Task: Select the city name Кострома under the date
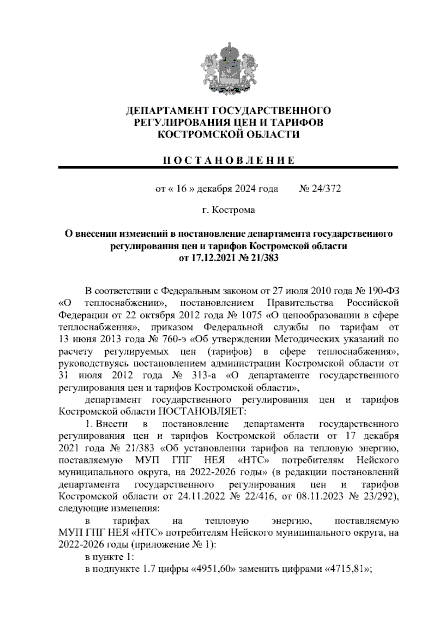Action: click(234, 210)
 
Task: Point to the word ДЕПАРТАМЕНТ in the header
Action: click(168, 111)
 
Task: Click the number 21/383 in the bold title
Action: click(265, 258)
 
